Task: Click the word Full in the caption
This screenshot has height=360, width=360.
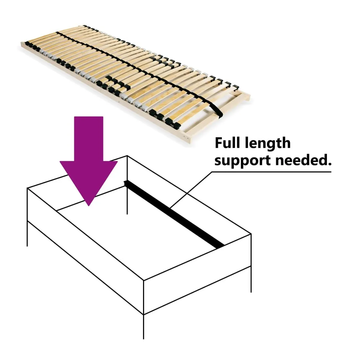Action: tap(228, 143)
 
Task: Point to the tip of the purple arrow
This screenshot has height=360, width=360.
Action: tap(89, 206)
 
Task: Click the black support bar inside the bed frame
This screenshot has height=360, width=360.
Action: tap(174, 214)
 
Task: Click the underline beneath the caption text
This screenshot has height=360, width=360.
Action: tap(271, 172)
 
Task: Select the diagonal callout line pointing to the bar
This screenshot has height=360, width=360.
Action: tap(190, 190)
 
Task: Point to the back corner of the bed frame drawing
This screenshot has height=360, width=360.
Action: tap(127, 156)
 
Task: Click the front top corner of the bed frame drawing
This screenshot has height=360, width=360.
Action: tap(143, 280)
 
